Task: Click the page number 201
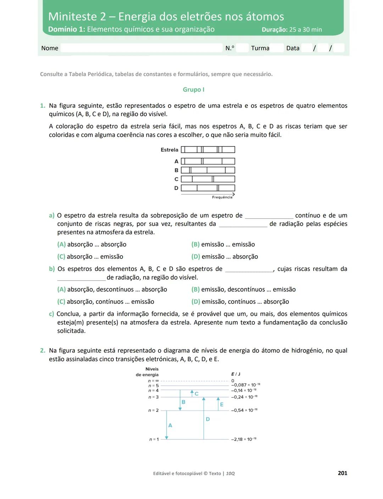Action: click(x=342, y=473)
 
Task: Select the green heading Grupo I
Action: click(x=193, y=90)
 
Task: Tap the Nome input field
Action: click(x=141, y=48)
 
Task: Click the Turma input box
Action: click(x=276, y=48)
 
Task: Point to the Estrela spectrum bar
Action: click(x=208, y=150)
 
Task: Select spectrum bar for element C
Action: click(x=208, y=179)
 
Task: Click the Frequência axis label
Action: click(x=222, y=197)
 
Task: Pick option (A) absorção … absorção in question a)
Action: click(x=92, y=244)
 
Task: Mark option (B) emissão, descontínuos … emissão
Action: click(x=243, y=289)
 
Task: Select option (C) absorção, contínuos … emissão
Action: click(x=106, y=302)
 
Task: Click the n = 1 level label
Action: click(x=154, y=439)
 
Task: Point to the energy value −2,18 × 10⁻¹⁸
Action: click(x=244, y=439)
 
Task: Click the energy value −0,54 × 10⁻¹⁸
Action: click(x=244, y=410)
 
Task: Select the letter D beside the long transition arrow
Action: click(x=208, y=419)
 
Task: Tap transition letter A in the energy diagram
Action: click(x=170, y=425)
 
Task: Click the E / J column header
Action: click(x=235, y=374)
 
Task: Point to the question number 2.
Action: click(x=43, y=351)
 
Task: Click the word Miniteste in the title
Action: click(x=72, y=16)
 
